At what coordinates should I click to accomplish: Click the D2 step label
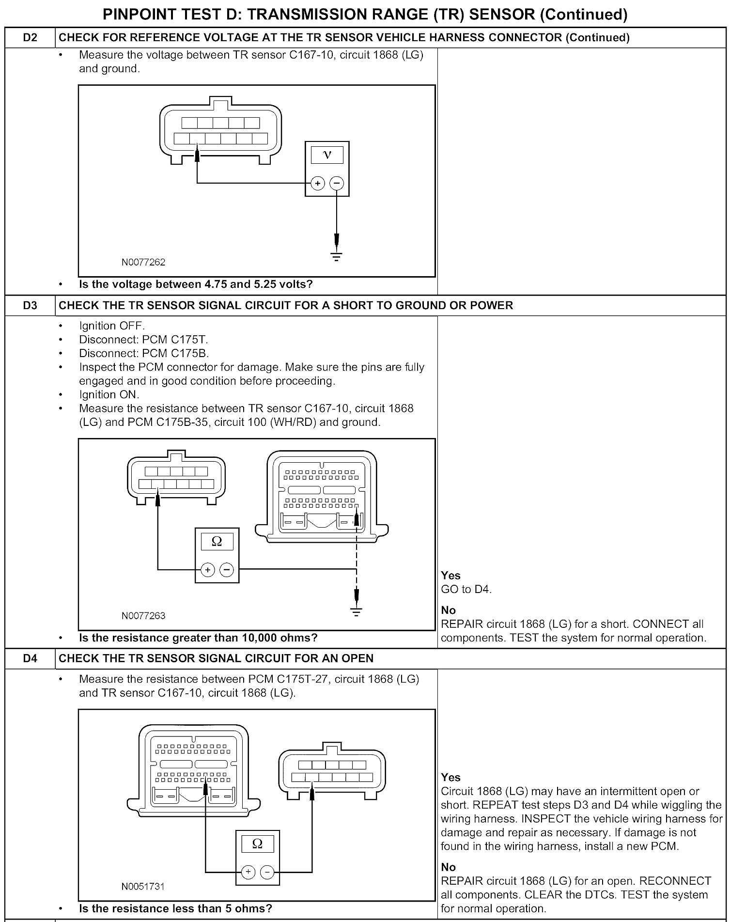click(30, 37)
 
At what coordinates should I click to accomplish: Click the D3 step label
click(30, 305)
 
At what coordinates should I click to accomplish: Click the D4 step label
click(30, 658)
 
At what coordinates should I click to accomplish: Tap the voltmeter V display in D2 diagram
click(327, 155)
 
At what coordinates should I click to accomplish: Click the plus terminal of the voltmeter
click(317, 183)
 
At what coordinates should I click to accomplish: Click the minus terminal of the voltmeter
click(337, 183)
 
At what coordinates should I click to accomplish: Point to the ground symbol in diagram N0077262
click(337, 256)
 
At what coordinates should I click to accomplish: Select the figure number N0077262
click(143, 263)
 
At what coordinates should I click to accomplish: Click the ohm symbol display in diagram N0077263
click(217, 541)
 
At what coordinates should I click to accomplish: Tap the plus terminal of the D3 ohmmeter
click(207, 570)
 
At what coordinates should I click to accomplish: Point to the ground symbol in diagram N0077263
click(357, 611)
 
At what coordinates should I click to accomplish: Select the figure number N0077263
click(143, 616)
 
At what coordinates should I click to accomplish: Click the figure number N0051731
click(143, 887)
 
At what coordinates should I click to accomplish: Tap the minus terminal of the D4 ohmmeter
click(267, 873)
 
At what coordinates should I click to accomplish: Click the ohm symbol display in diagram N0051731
click(258, 844)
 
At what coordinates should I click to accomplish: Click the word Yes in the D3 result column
click(450, 576)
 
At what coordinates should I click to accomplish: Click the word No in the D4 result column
click(449, 867)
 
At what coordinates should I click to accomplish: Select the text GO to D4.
click(466, 590)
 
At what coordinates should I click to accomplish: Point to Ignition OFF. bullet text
click(112, 326)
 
